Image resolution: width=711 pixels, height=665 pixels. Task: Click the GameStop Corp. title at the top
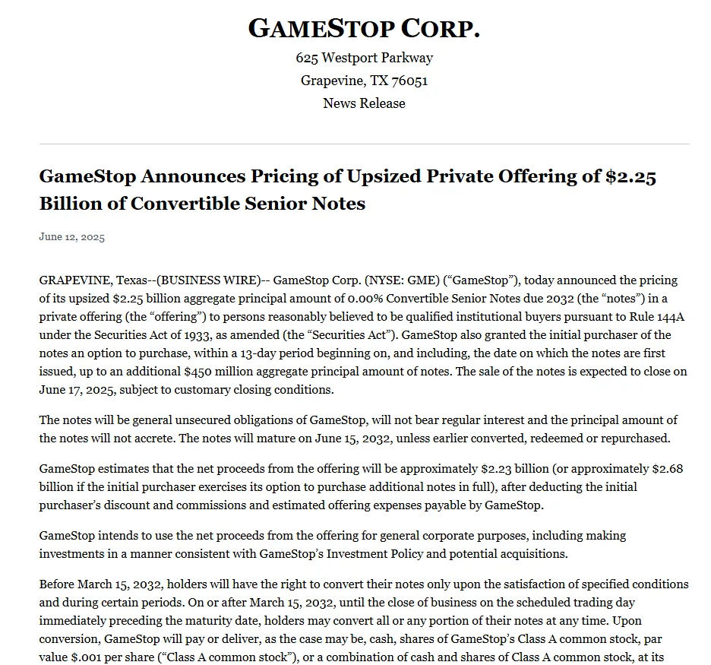[364, 29]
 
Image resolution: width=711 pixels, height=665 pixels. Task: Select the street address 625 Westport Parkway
[364, 58]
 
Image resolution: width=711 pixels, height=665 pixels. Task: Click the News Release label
[364, 103]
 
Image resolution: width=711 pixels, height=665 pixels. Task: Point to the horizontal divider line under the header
[364, 144]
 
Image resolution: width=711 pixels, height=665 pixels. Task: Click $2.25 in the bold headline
[630, 176]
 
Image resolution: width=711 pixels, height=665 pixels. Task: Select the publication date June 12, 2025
[71, 237]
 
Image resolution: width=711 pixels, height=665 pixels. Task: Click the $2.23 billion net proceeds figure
[518, 468]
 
